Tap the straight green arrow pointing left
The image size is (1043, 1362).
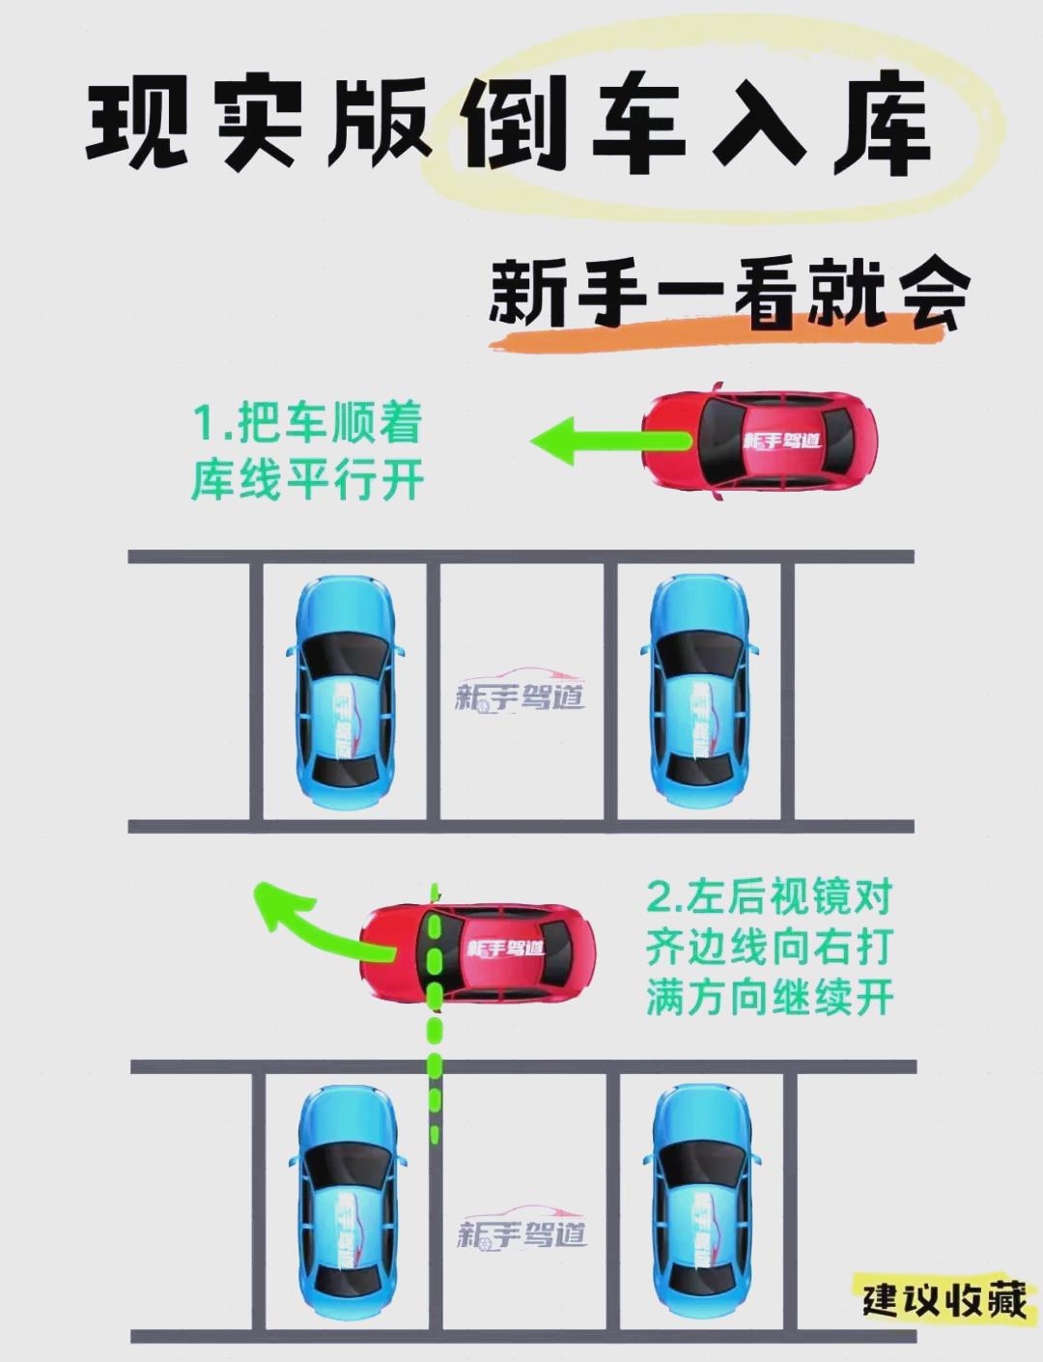[604, 441]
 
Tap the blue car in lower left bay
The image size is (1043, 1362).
[346, 1203]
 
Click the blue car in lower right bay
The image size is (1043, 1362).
[701, 1203]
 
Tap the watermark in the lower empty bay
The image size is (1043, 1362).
[521, 1231]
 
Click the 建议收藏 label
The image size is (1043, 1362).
[944, 1299]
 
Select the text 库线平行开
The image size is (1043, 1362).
[307, 480]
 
